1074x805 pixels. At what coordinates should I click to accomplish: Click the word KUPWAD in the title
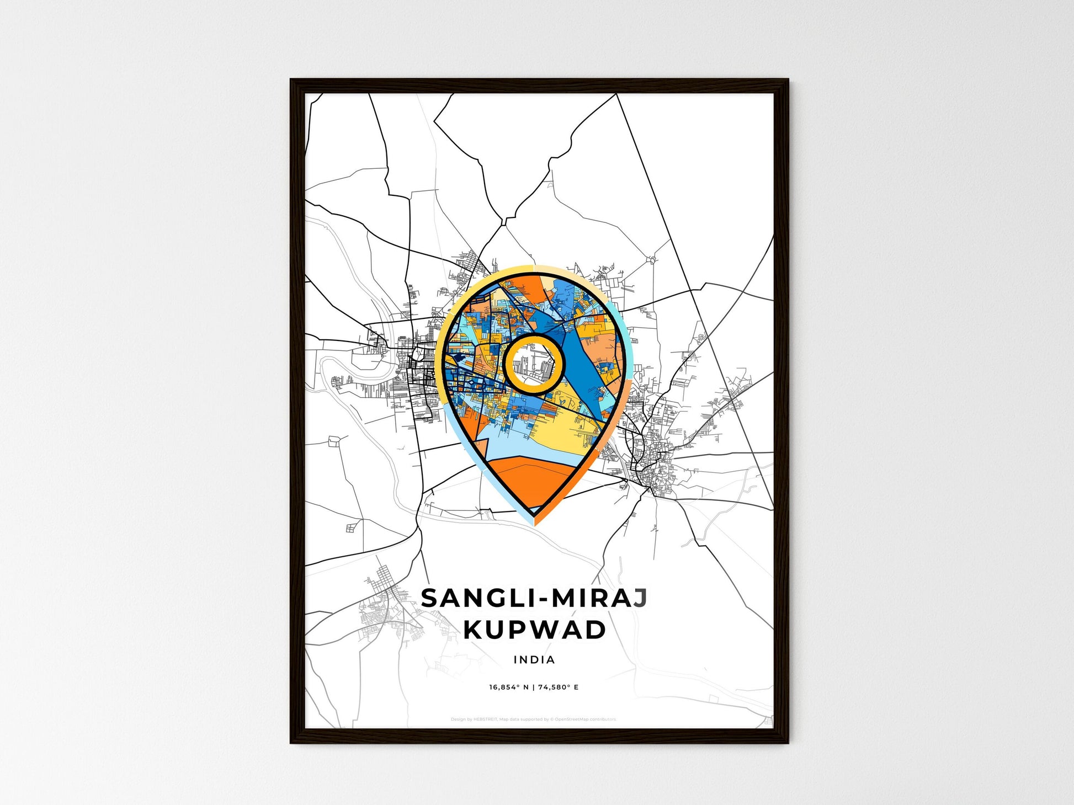pyautogui.click(x=534, y=630)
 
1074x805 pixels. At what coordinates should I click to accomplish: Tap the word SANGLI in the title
pyautogui.click(x=473, y=599)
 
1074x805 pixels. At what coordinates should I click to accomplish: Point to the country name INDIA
pyautogui.click(x=534, y=659)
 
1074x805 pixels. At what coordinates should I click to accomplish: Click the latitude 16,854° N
pyautogui.click(x=508, y=687)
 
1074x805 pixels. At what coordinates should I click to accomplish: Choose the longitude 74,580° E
pyautogui.click(x=559, y=687)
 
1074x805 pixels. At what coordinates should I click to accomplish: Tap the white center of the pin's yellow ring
pyautogui.click(x=534, y=364)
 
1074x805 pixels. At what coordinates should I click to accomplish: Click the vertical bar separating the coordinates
pyautogui.click(x=534, y=687)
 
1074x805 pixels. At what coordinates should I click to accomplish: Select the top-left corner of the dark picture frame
pyautogui.click(x=292, y=81)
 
